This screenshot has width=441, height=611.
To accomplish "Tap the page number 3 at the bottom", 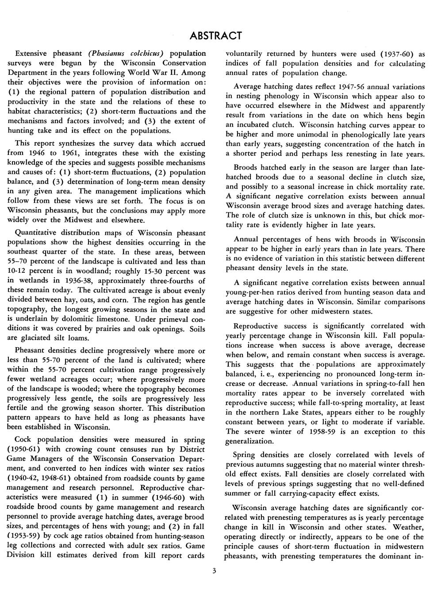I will (x=214, y=571).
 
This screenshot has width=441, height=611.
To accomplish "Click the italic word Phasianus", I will (x=110, y=53).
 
